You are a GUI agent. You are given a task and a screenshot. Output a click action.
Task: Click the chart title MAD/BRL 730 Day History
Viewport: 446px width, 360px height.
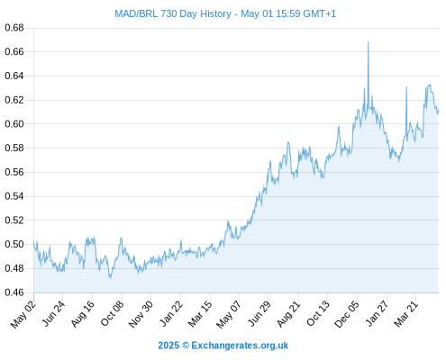173,13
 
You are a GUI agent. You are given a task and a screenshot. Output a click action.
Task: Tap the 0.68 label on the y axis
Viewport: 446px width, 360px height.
14,28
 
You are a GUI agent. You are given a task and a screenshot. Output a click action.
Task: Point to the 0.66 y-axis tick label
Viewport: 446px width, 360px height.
14,52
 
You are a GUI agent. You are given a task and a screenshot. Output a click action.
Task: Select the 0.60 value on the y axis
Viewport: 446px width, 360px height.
14,124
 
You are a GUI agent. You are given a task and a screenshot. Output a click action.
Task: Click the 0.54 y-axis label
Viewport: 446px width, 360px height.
14,196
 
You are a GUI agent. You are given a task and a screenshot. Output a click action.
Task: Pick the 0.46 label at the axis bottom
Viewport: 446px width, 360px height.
14,292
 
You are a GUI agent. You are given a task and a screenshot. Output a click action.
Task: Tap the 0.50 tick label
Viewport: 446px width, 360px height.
14,245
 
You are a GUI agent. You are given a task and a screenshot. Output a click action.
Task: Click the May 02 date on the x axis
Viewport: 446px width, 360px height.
23,314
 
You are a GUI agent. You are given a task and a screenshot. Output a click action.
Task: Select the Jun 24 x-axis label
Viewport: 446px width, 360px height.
53,313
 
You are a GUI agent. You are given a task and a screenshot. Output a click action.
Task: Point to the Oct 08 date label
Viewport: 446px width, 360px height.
112,314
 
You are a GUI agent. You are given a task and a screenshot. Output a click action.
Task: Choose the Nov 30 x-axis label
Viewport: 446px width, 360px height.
141,314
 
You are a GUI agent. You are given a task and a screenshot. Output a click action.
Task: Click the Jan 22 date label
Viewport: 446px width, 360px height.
170,314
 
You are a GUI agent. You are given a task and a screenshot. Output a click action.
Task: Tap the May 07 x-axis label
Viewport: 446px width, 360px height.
229,314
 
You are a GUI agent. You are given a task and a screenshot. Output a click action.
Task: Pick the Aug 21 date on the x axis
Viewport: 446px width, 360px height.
288,314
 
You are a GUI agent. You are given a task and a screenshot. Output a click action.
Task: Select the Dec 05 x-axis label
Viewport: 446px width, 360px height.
347,314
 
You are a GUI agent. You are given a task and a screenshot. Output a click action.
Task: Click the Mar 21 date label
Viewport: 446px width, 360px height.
405,314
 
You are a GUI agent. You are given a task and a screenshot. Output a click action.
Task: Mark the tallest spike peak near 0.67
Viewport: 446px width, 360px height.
368,42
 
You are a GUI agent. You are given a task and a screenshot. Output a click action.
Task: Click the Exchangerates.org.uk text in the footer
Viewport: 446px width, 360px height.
240,346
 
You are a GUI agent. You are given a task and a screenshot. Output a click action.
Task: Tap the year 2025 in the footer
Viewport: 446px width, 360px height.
168,346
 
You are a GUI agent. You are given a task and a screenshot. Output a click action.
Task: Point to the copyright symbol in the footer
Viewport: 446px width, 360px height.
186,346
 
